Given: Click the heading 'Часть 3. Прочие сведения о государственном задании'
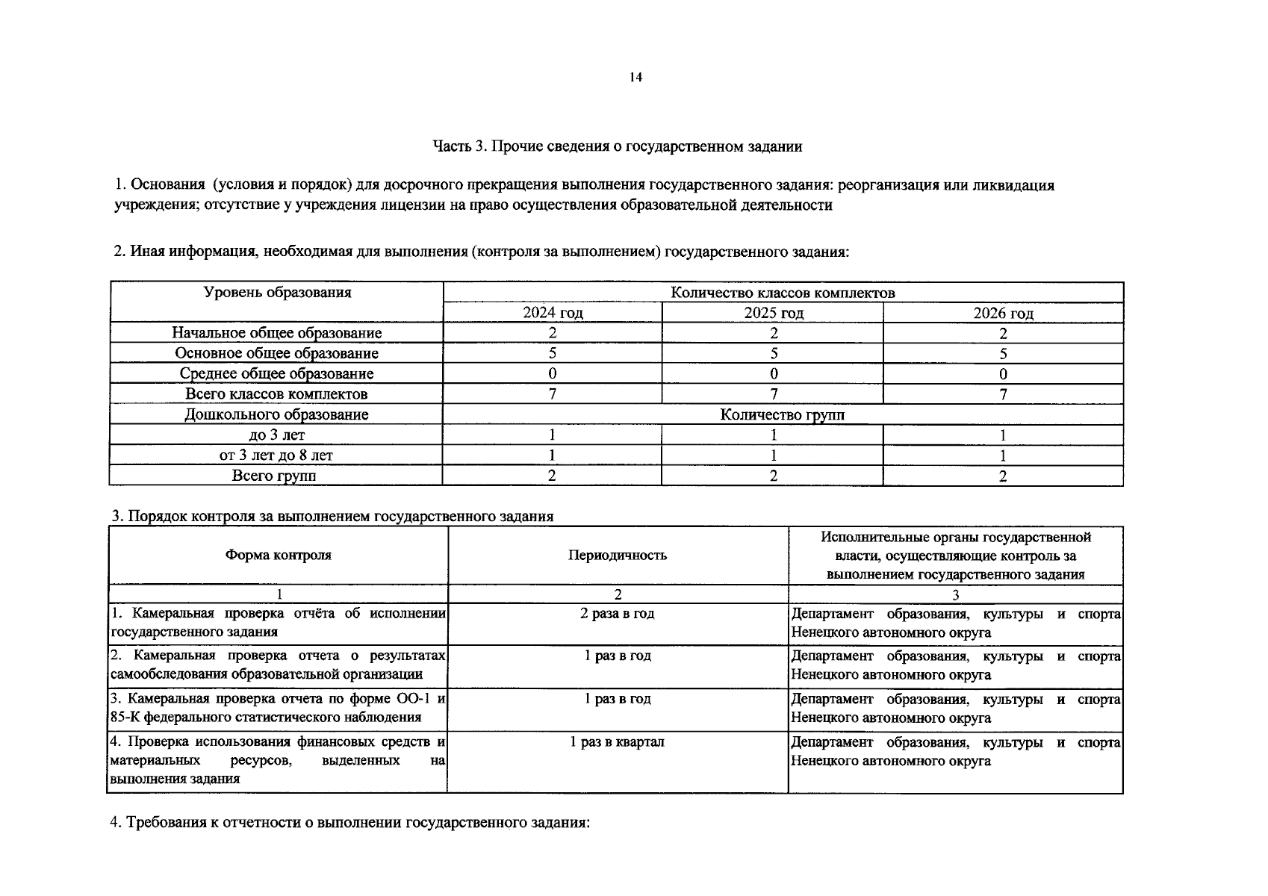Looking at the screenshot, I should pos(618,146).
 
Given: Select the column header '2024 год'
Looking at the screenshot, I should pos(553,313).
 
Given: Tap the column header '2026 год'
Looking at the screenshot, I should pos(1003,313).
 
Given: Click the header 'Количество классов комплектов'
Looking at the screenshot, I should pos(783,293).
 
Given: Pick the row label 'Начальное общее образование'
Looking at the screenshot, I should pos(276,333).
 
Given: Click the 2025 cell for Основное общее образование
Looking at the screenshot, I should pos(774,353).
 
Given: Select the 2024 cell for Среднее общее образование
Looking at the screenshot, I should pos(553,373).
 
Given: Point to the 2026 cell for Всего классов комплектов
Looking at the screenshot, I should pos(1003,394).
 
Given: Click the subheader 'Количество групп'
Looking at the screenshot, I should pos(783,414).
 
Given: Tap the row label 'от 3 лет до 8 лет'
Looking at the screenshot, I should pos(276,455).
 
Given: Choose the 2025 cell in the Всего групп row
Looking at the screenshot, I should pos(774,476).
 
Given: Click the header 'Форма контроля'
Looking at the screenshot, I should pos(278,555).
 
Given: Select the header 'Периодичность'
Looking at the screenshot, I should pos(618,555).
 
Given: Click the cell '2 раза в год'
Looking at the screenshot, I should pos(618,613).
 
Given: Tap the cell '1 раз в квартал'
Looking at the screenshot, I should pos(618,741).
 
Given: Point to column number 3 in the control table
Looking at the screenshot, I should pos(955,594).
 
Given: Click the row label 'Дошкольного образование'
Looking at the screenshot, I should pos(276,414).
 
